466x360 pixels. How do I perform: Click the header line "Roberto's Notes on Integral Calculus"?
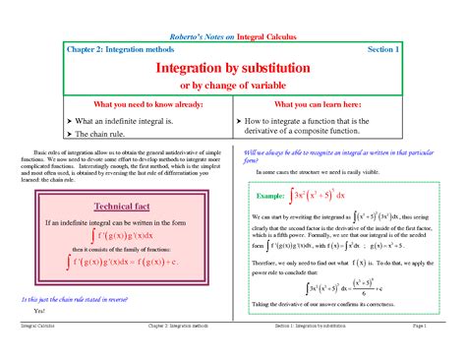(232, 36)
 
